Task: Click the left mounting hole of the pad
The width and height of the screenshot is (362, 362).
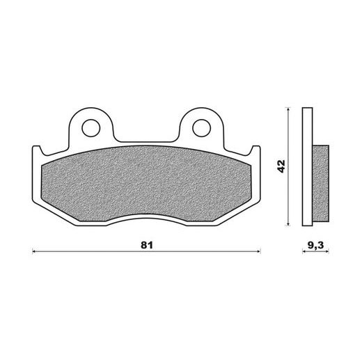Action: coord(91,127)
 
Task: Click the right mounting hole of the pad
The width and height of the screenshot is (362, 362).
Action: coord(201,127)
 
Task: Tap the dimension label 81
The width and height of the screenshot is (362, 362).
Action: coord(147,245)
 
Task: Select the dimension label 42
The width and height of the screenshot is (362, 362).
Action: coord(281,166)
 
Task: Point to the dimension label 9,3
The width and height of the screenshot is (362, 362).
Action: coord(316,245)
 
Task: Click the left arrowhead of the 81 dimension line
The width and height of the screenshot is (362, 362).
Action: coord(34,251)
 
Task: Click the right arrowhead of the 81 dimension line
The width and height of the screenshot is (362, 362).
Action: coord(259,251)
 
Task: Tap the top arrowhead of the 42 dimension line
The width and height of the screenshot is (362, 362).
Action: coord(288,109)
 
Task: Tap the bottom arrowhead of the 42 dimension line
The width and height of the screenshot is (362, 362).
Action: coord(288,223)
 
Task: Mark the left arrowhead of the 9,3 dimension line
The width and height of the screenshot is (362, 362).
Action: coord(304,251)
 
